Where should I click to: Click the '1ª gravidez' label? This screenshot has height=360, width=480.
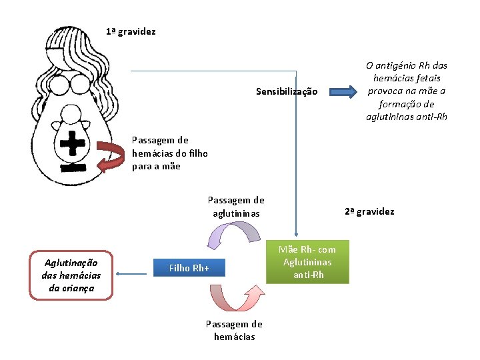pos(131,31)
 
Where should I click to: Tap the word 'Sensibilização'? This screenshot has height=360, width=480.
pos(287,91)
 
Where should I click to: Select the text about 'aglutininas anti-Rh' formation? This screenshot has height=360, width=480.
pos(407,91)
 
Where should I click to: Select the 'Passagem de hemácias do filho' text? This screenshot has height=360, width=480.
pos(169,153)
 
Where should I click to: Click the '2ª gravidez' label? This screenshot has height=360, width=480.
pos(369,211)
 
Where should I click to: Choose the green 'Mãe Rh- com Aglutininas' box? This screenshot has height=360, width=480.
pos(308,262)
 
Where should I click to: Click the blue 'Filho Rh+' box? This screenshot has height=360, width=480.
pos(189,268)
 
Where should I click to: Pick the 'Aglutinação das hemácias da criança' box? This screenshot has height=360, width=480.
pos(71,275)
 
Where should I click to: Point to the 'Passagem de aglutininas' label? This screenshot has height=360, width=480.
pos(236,206)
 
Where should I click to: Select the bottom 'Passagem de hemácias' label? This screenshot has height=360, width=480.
pos(234,330)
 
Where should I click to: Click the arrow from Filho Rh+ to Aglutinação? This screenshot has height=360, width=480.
pos(134,273)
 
